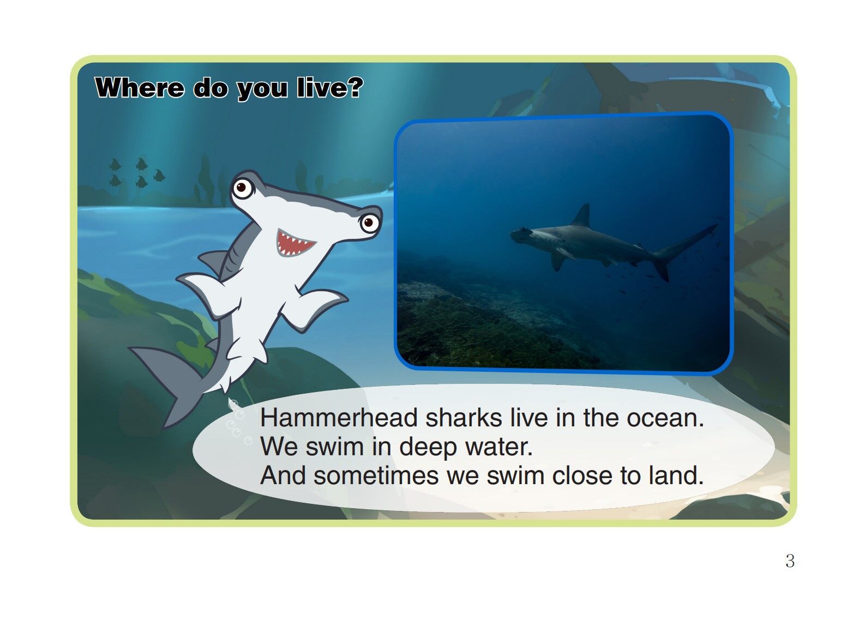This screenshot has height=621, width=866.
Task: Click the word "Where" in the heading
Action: point(140,88)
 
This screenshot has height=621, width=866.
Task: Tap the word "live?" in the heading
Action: point(330,88)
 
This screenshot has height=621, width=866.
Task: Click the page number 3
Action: point(790,561)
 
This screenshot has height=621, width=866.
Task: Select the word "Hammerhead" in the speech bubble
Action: point(339,418)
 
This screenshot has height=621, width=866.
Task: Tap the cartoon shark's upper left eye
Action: point(242,189)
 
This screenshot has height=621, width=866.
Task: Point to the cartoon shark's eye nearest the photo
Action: point(369,222)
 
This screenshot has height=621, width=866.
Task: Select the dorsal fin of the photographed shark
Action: point(582,216)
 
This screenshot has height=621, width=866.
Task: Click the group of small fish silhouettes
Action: point(136,172)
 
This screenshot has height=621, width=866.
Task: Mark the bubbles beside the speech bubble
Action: point(237,423)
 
